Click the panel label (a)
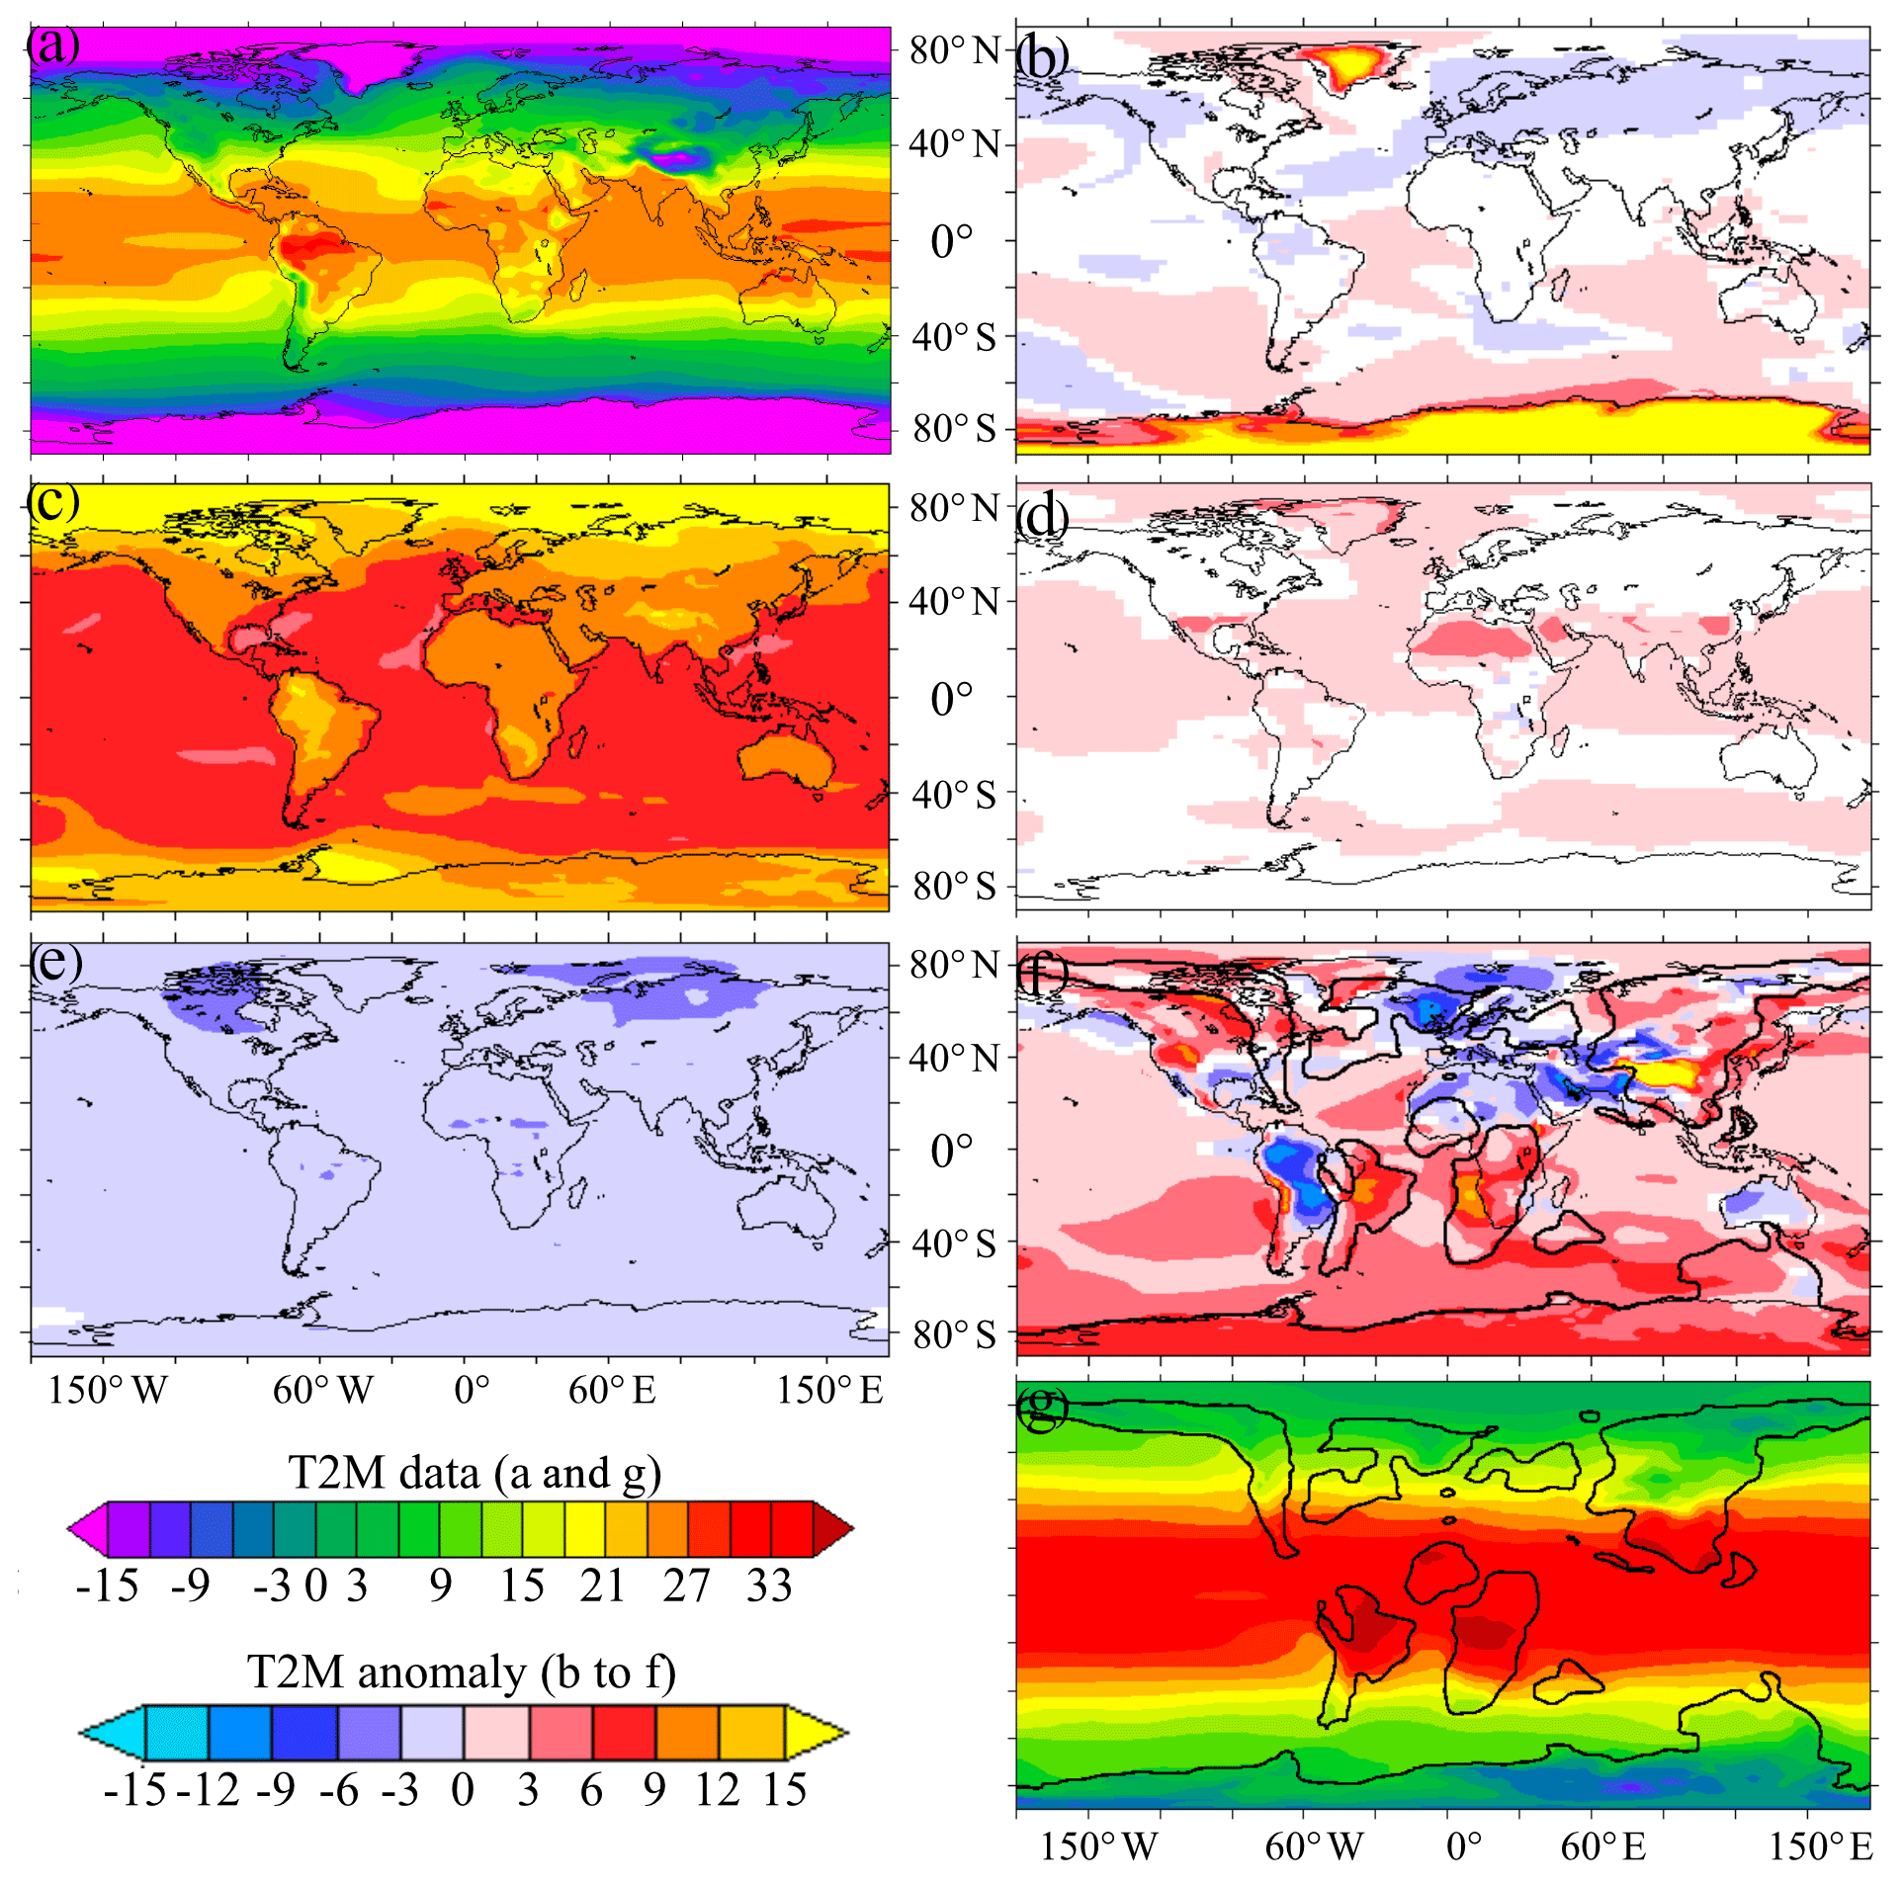53,45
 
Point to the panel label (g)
1043,1408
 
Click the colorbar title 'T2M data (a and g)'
475,1473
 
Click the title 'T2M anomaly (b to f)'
461,1672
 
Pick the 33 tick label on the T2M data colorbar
769,1585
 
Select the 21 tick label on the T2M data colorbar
603,1585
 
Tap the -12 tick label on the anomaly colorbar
209,1790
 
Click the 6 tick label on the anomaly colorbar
591,1790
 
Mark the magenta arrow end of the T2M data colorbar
87,1529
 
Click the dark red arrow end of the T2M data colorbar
832,1529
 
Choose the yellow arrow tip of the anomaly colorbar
817,1732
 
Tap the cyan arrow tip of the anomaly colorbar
111,1732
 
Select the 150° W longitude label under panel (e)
109,1390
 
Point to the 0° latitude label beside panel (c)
952,699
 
